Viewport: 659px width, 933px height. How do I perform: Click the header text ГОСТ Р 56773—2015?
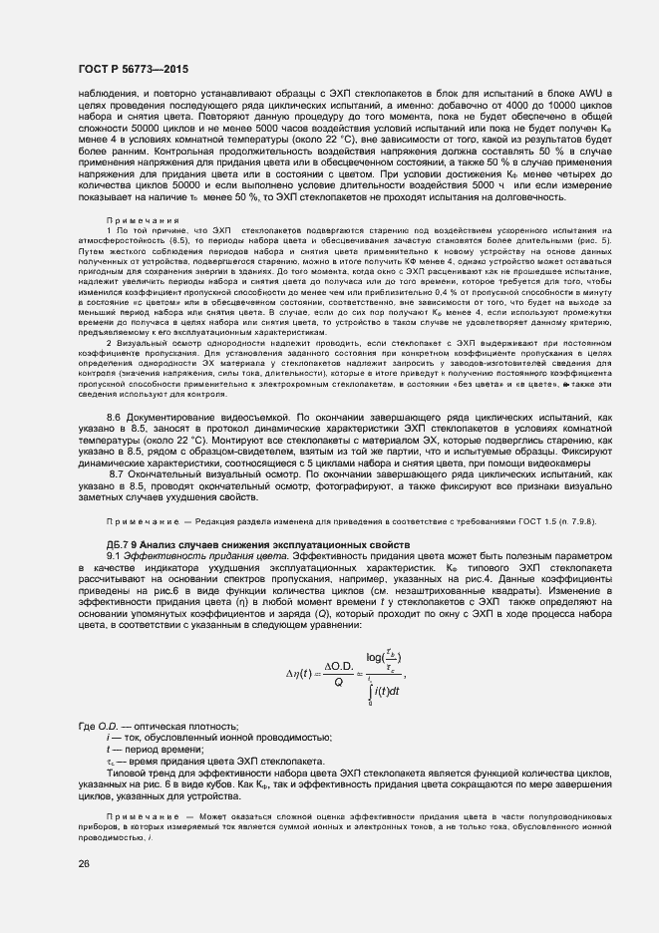tap(132, 69)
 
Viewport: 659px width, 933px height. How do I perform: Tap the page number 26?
tap(83, 862)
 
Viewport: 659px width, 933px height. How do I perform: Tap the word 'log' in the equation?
tap(376, 657)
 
